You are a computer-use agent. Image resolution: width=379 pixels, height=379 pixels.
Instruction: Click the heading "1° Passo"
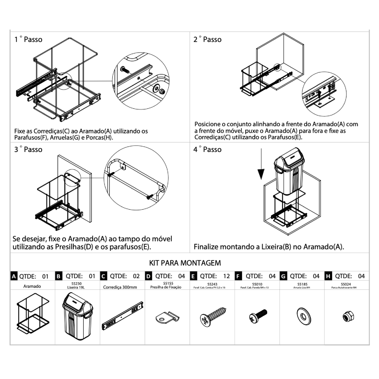coord(28,39)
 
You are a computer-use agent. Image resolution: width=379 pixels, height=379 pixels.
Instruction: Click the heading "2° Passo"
coord(207,39)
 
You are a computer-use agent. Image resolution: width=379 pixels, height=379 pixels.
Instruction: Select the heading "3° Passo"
coord(28,150)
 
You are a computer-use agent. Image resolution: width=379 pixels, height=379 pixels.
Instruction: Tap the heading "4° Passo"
coord(207,150)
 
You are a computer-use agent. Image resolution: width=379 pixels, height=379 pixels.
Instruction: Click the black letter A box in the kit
coord(14,276)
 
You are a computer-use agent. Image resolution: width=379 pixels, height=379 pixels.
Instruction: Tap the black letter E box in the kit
coord(194,276)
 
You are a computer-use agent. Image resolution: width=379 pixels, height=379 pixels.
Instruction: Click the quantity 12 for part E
coord(226,276)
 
